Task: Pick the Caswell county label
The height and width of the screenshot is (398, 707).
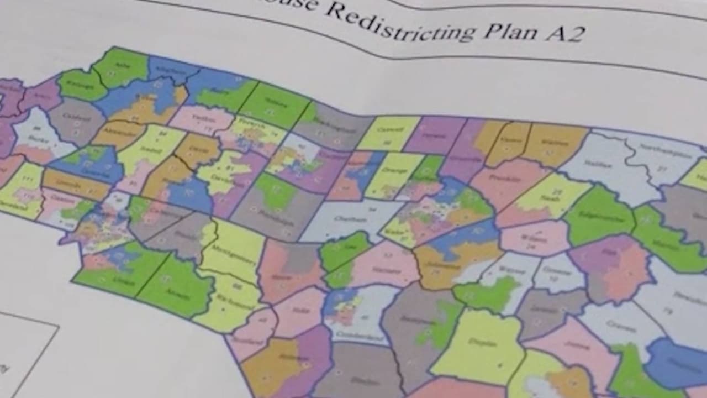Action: [x=387, y=134]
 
